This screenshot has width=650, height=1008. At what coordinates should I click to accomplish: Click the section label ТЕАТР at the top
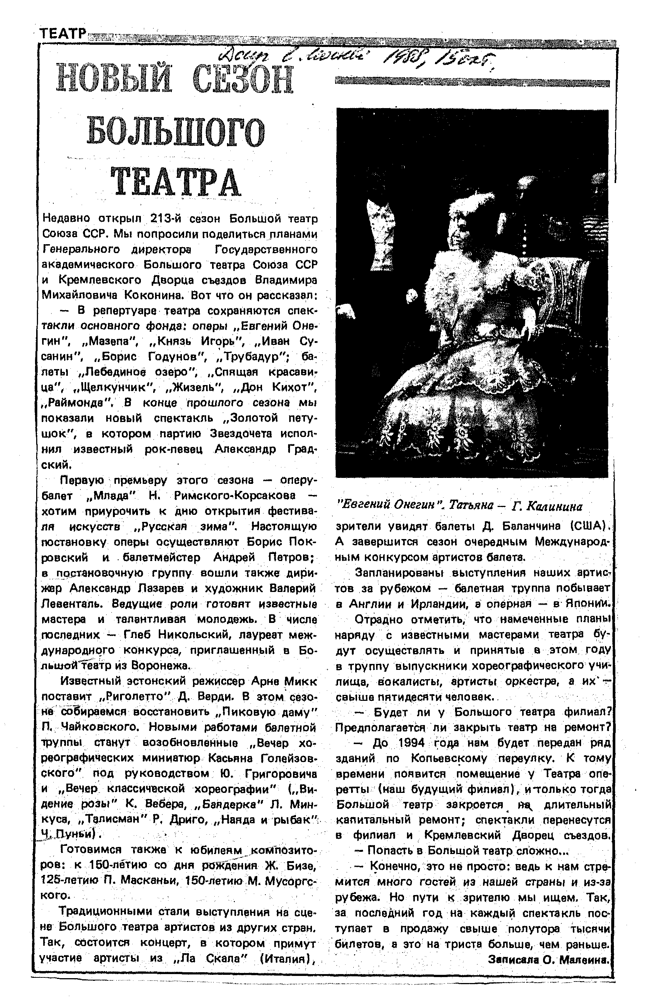point(63,34)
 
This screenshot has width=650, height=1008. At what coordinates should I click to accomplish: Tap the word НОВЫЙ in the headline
point(114,79)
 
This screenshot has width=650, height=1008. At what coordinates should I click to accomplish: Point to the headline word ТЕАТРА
point(176,182)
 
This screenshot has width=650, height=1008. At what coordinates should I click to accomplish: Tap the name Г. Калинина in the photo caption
point(547,506)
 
